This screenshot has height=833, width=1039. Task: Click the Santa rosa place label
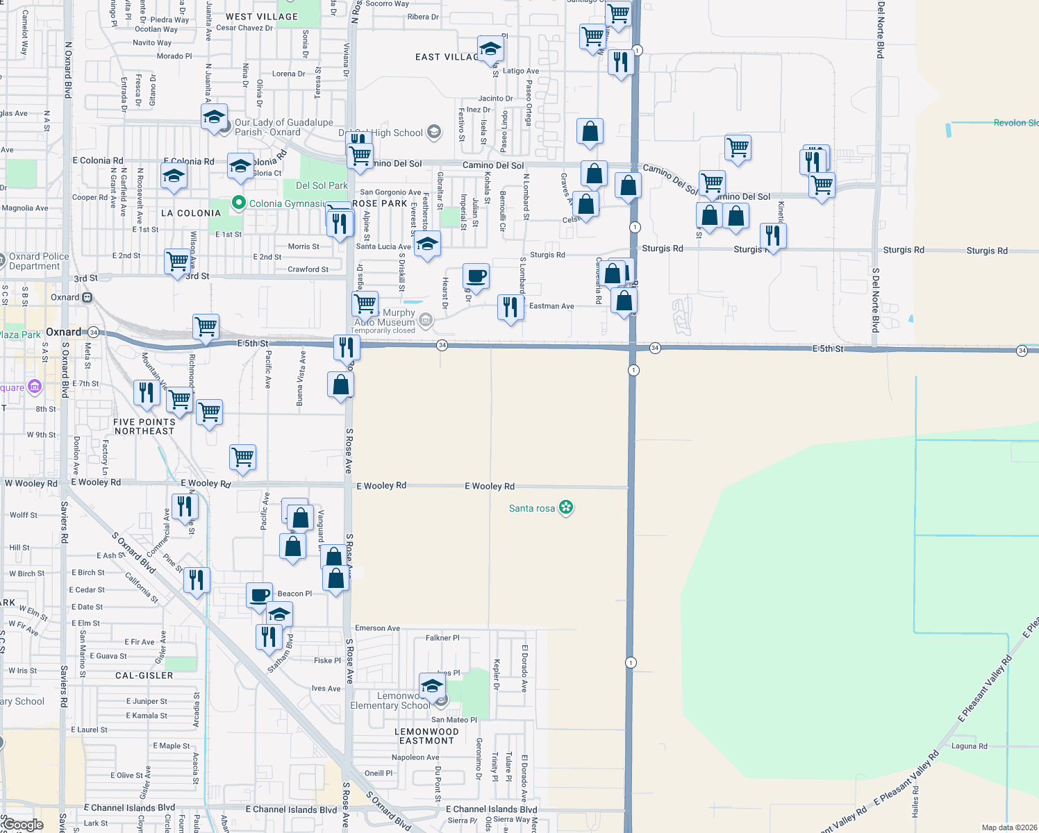532,508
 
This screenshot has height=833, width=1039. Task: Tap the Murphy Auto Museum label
385,318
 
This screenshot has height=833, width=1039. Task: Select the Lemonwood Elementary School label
390,700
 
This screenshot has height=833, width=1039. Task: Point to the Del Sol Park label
322,185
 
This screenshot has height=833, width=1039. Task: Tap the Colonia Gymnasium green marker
239,203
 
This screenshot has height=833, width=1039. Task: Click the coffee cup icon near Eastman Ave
476,276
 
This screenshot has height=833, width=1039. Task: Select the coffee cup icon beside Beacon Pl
260,596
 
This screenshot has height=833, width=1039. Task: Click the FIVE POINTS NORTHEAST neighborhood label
144,426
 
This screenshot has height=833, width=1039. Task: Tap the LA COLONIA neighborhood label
191,213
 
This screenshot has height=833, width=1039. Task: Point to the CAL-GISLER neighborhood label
144,675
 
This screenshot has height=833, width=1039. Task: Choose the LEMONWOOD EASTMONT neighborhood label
426,736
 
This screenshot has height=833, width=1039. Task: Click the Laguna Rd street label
969,746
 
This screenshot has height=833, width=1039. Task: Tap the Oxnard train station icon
88,297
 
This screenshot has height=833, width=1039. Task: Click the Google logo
23,825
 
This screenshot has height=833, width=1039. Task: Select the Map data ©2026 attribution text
1009,827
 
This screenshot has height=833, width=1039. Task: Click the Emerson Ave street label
377,628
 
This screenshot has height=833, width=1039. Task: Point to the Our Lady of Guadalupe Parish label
283,127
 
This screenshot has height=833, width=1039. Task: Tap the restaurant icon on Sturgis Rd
773,236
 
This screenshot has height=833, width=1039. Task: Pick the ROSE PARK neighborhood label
380,203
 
